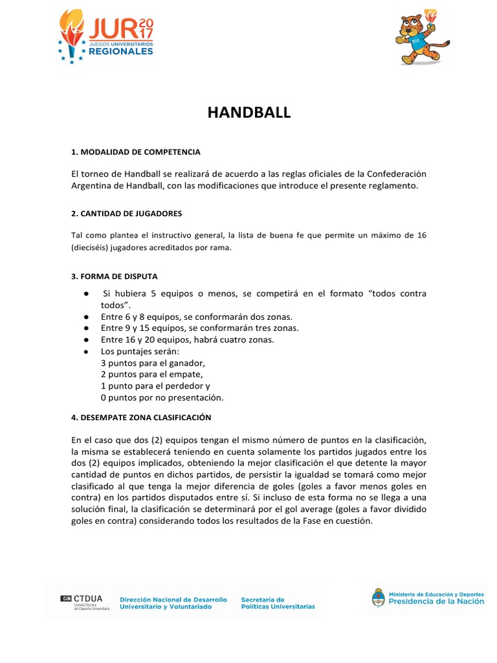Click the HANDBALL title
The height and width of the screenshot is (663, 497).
pos(248,113)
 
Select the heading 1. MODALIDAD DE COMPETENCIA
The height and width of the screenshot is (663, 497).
pos(135,152)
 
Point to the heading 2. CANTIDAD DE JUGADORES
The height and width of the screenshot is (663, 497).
pos(126,213)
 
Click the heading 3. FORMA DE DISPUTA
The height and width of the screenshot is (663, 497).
pos(114,276)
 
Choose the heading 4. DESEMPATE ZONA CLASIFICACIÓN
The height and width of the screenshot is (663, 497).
pos(141,417)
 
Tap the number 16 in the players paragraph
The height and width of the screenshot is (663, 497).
pos(421,234)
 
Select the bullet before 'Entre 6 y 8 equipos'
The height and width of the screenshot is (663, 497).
pos(85,317)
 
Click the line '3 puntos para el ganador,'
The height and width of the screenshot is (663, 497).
pos(153,363)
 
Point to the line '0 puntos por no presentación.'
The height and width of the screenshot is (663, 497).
pos(162,398)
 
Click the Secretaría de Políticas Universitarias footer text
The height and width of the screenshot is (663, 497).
pos(278,603)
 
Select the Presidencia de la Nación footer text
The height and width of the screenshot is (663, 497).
pos(436,601)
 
